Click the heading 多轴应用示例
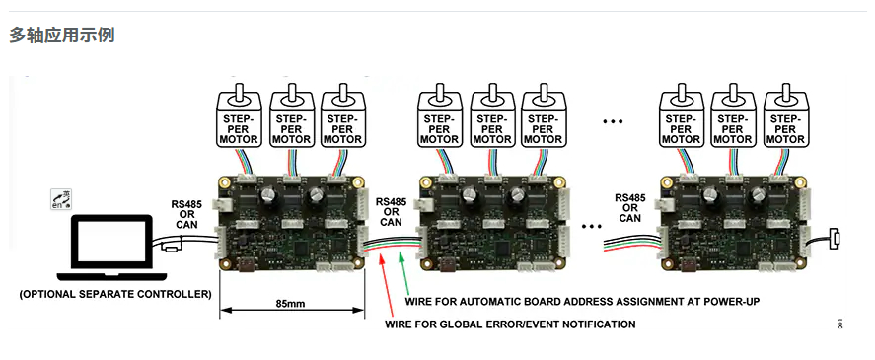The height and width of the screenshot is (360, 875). (x=62, y=36)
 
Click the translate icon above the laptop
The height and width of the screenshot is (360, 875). (x=61, y=200)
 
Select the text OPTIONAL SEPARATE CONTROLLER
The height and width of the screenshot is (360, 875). (x=115, y=294)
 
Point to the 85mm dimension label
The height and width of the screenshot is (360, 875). (x=290, y=305)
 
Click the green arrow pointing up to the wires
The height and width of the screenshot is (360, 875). (x=403, y=274)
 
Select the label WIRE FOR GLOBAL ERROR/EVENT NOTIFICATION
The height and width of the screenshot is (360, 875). (x=510, y=324)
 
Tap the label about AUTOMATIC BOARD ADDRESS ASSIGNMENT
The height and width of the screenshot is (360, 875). (x=582, y=302)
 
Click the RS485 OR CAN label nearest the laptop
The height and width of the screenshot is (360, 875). (x=186, y=215)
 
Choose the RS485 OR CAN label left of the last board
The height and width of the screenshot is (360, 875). (x=630, y=208)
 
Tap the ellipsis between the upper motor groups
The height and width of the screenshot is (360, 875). (x=613, y=121)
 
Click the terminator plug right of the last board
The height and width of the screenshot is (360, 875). (x=835, y=239)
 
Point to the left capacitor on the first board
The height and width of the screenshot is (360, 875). (x=265, y=194)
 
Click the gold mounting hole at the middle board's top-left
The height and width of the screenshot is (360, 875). (x=426, y=182)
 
